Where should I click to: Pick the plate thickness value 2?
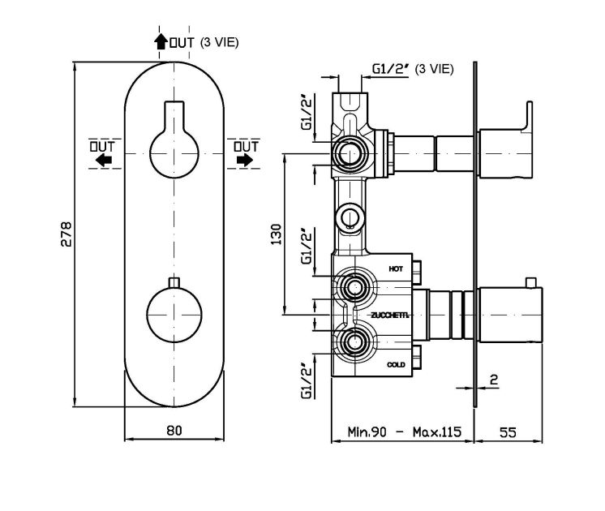[x=492, y=379]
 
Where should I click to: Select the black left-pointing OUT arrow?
[x=103, y=161]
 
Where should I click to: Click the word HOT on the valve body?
[x=396, y=268]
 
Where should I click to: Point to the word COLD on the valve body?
[x=396, y=365]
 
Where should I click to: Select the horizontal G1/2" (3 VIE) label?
[x=413, y=70]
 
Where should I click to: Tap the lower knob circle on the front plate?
[x=174, y=311]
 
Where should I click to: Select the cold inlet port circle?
[x=352, y=341]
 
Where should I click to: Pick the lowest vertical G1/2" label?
[x=307, y=380]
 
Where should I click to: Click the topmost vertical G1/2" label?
[x=307, y=114]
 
